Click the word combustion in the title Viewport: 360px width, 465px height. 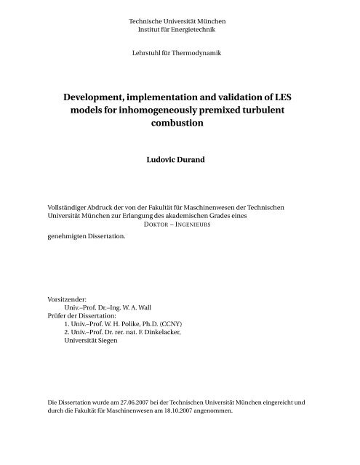180,125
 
